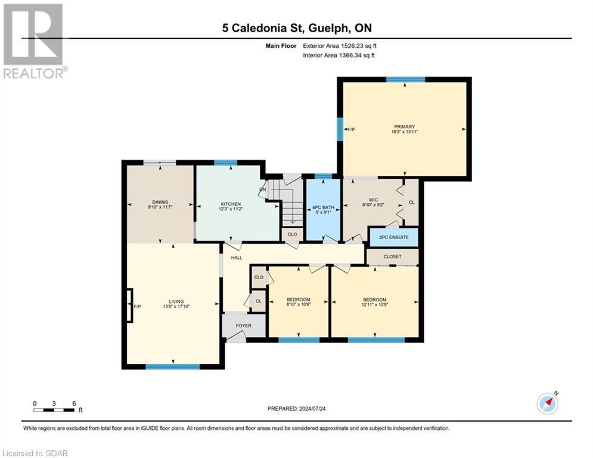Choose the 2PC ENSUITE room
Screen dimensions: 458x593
coord(393,237)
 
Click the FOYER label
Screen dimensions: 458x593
coord(243,326)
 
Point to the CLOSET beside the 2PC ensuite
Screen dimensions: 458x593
coord(392,257)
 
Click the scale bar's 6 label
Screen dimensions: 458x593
coord(74,403)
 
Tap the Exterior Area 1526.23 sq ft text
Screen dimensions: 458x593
coord(339,45)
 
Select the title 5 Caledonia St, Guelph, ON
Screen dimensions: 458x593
coord(296,28)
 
